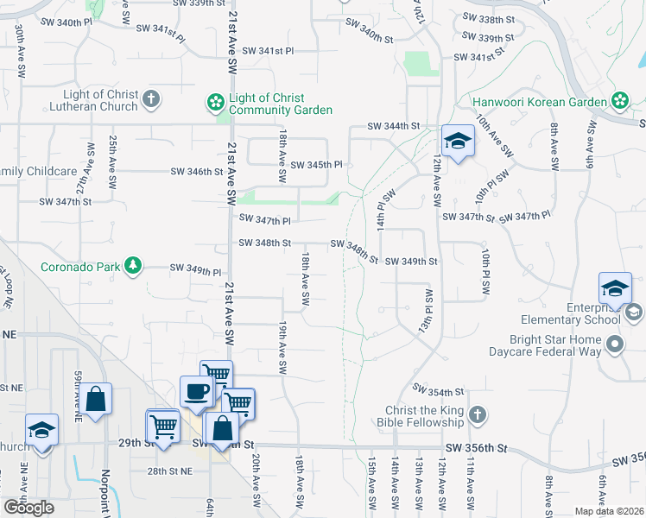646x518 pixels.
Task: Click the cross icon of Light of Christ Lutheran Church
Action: pyautogui.click(x=151, y=98)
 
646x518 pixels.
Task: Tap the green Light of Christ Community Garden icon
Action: pyautogui.click(x=214, y=104)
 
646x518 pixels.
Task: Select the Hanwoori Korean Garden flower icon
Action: pyautogui.click(x=619, y=101)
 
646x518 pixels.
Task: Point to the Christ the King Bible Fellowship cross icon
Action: pyautogui.click(x=477, y=416)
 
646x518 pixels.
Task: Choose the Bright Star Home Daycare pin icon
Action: pyautogui.click(x=615, y=345)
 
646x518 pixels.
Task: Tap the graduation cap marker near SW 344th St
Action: pyautogui.click(x=458, y=142)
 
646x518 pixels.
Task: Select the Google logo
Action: pyautogui.click(x=28, y=508)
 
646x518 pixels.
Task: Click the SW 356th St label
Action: pyautogui.click(x=474, y=449)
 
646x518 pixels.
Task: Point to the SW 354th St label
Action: pyautogui.click(x=439, y=390)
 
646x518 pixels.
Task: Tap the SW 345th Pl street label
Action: pyautogui.click(x=316, y=165)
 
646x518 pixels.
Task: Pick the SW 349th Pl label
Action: pyautogui.click(x=195, y=270)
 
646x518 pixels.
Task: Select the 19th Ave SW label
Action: pyautogui.click(x=282, y=348)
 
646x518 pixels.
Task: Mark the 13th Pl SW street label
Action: pyautogui.click(x=425, y=311)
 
